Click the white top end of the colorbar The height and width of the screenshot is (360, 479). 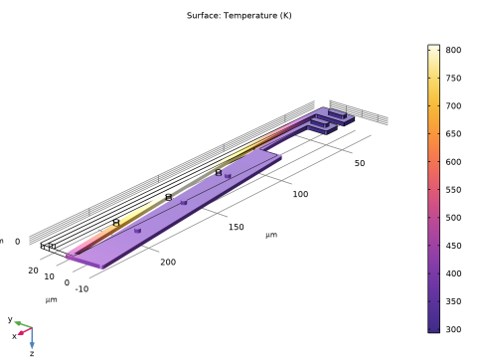pos(433,50)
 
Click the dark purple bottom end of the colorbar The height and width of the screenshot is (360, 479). pos(433,327)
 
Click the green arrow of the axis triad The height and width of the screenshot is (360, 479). pos(16,323)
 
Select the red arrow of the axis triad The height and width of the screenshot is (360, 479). pos(21,332)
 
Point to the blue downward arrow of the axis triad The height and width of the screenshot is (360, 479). pos(32,342)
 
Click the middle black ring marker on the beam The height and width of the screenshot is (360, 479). pos(169,198)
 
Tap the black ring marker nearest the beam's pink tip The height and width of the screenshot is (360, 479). pos(115,225)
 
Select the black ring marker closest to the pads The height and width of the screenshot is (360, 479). pos(219,173)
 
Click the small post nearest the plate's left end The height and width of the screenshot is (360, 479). pos(137,231)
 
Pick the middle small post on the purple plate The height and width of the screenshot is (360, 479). pos(183,203)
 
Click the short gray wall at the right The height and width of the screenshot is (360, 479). pos(358,112)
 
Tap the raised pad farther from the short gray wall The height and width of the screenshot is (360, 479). pos(321,125)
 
